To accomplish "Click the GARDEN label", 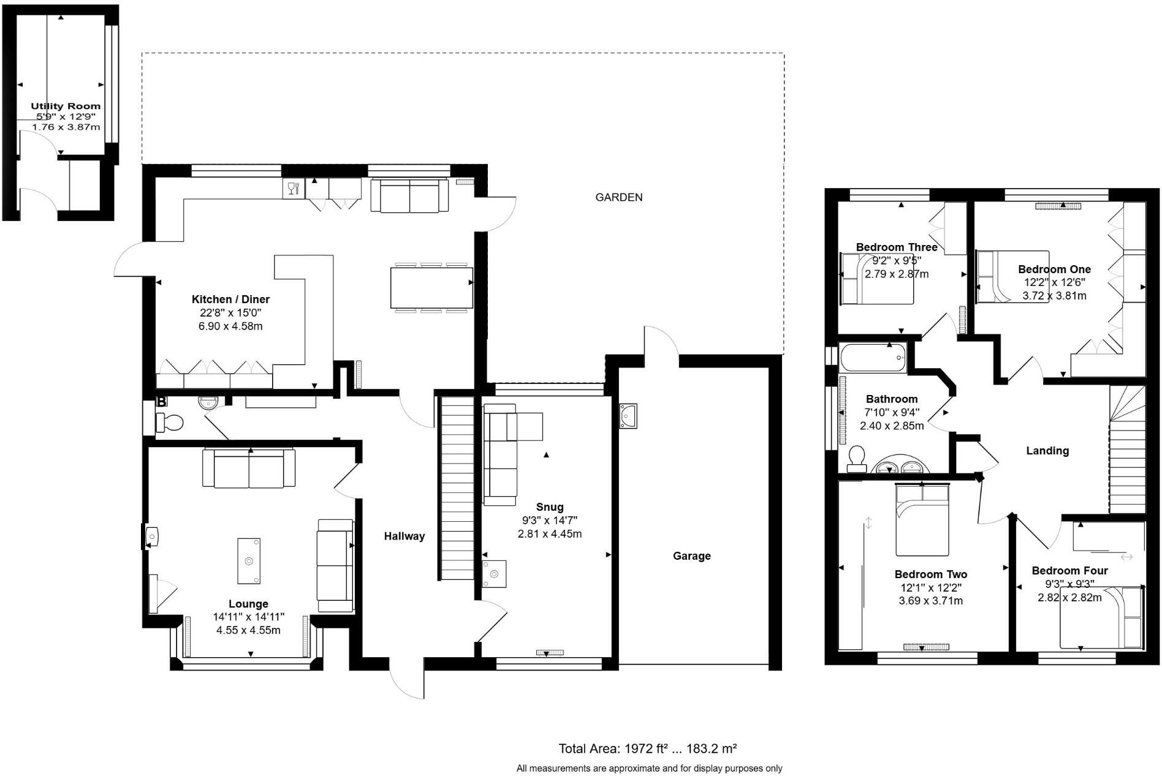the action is click(x=619, y=197).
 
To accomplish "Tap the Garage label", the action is click(x=692, y=556).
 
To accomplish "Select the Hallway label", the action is click(x=404, y=536).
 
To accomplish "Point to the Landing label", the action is click(x=1047, y=451).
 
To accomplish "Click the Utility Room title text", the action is click(x=66, y=106).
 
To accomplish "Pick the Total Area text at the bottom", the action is click(x=647, y=748).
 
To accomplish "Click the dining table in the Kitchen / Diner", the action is click(x=431, y=288).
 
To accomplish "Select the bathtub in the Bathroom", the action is click(x=873, y=358).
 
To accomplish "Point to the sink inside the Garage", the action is click(x=628, y=416).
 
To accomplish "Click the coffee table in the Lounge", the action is click(x=249, y=561).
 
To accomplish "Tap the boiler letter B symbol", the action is click(x=161, y=402).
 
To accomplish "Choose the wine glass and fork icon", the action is click(x=294, y=188).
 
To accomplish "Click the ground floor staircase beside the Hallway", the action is click(x=457, y=488).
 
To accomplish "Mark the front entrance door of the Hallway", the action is click(x=407, y=679).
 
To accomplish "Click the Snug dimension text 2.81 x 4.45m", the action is click(x=550, y=534).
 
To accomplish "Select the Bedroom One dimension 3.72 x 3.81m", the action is click(x=1054, y=296).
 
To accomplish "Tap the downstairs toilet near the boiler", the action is click(x=170, y=423).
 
